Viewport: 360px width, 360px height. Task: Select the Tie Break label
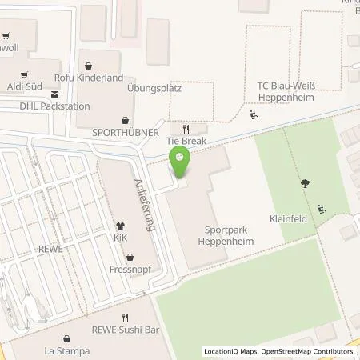(x=186, y=141)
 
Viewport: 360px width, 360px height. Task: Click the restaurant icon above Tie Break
(x=186, y=128)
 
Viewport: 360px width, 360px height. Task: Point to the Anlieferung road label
(x=146, y=204)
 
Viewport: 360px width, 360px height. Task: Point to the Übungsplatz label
(x=154, y=88)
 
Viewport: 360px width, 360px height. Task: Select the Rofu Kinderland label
(x=100, y=78)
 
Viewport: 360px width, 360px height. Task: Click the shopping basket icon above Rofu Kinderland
(x=100, y=66)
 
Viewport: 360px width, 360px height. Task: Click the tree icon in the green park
(x=305, y=184)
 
